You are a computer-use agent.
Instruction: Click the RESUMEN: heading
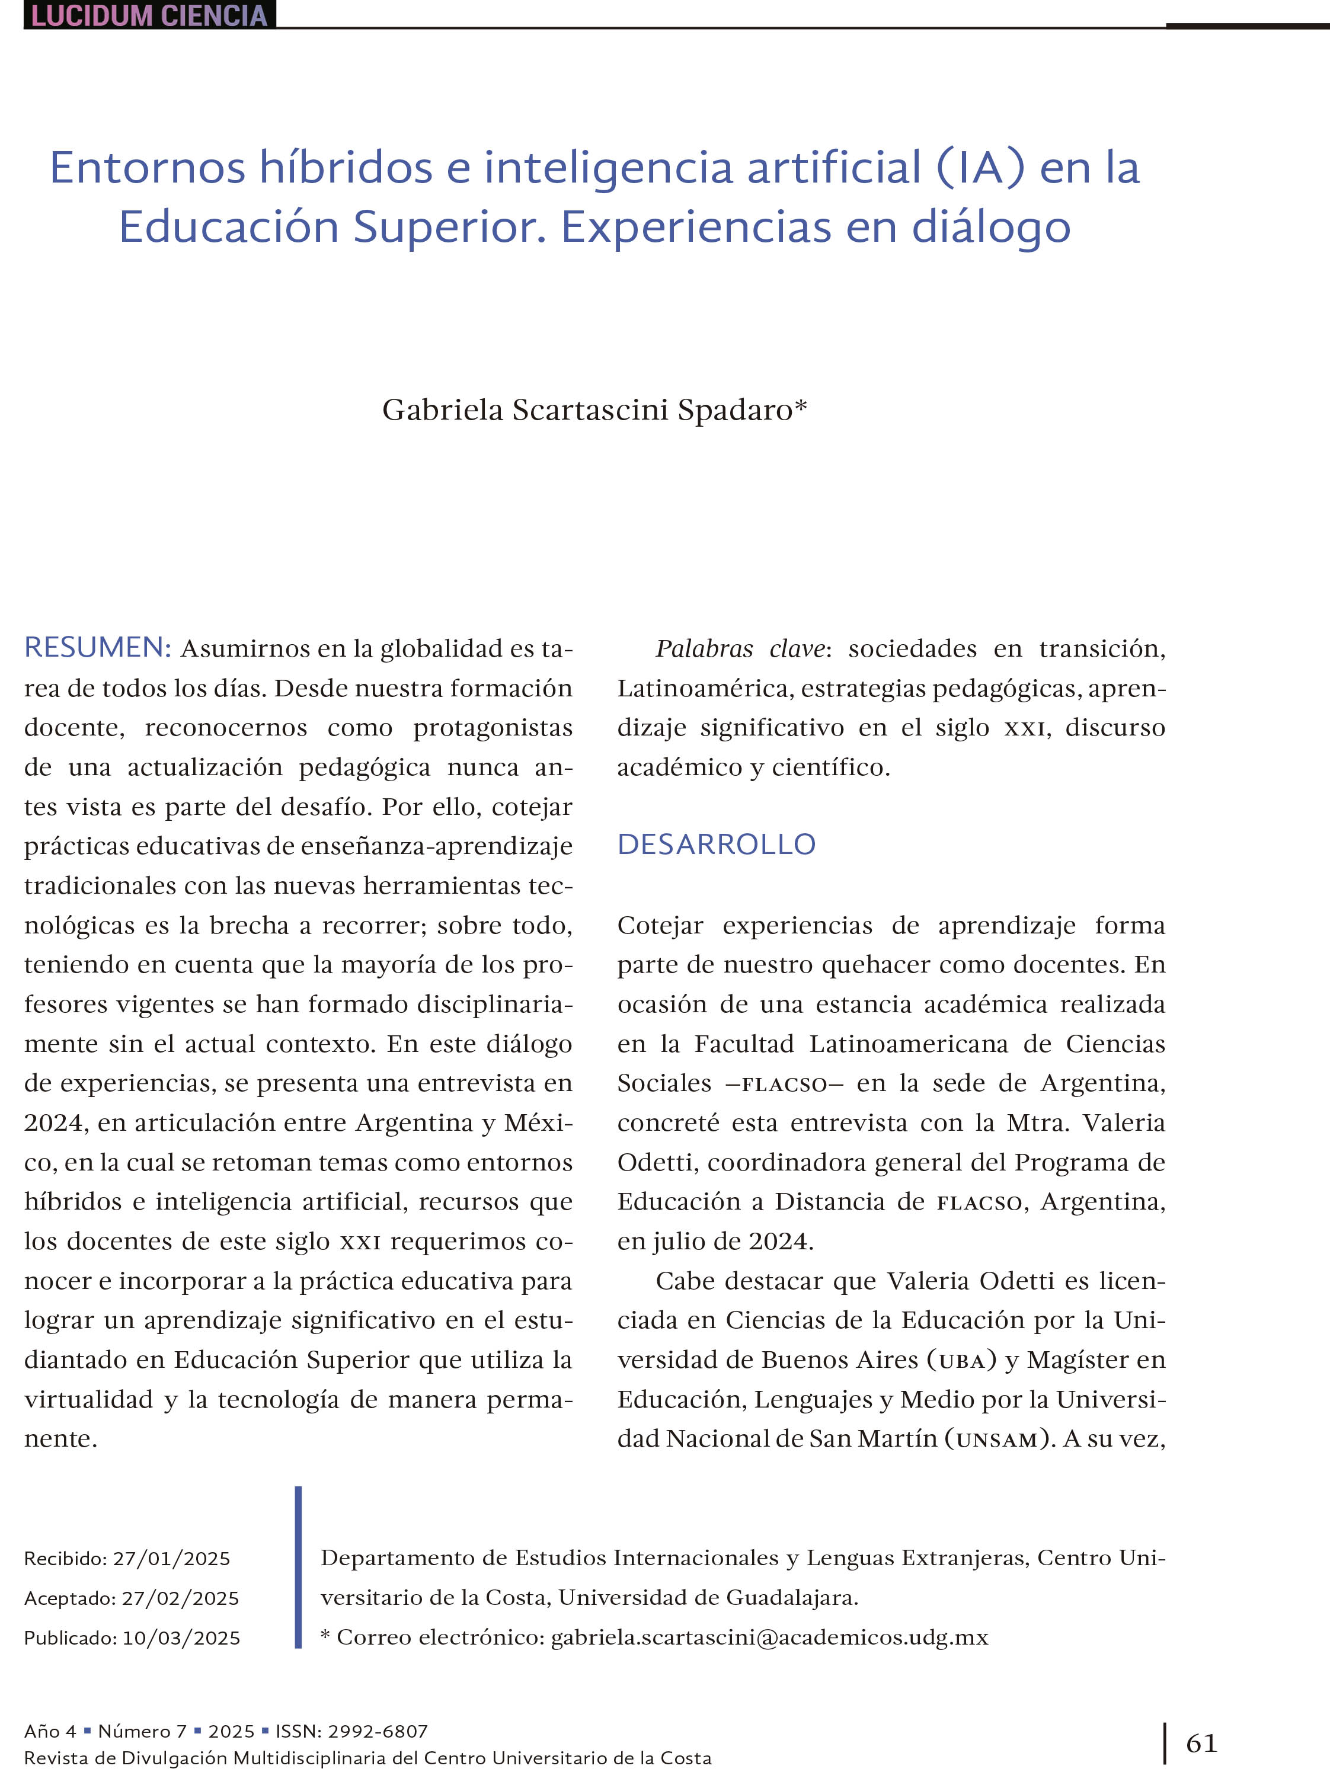click(x=98, y=647)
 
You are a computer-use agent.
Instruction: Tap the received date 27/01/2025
click(x=171, y=1559)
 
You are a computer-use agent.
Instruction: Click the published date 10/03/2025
click(x=181, y=1638)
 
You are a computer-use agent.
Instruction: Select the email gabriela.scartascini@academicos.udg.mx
click(x=769, y=1637)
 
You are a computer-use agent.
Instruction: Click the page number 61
click(x=1201, y=1743)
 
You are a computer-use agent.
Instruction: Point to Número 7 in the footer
click(x=142, y=1731)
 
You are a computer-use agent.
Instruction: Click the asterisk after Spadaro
click(x=800, y=406)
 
